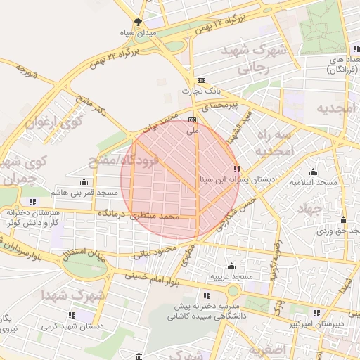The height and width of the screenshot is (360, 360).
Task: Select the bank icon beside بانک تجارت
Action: coord(202,81)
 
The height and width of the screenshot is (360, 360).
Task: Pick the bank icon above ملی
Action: coord(192,120)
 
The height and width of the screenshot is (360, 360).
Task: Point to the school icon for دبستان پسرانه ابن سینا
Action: coord(236,169)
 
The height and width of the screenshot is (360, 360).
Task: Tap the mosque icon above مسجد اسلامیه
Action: coord(313,172)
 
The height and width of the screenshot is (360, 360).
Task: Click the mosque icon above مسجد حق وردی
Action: coord(324,219)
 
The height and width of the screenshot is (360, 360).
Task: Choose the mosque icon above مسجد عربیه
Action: coord(231,266)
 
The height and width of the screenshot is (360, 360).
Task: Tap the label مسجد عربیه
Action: coord(231,277)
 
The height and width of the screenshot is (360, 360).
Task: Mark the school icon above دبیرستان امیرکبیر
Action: coord(317,313)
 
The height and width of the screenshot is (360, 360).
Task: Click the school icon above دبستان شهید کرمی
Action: coord(71,315)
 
